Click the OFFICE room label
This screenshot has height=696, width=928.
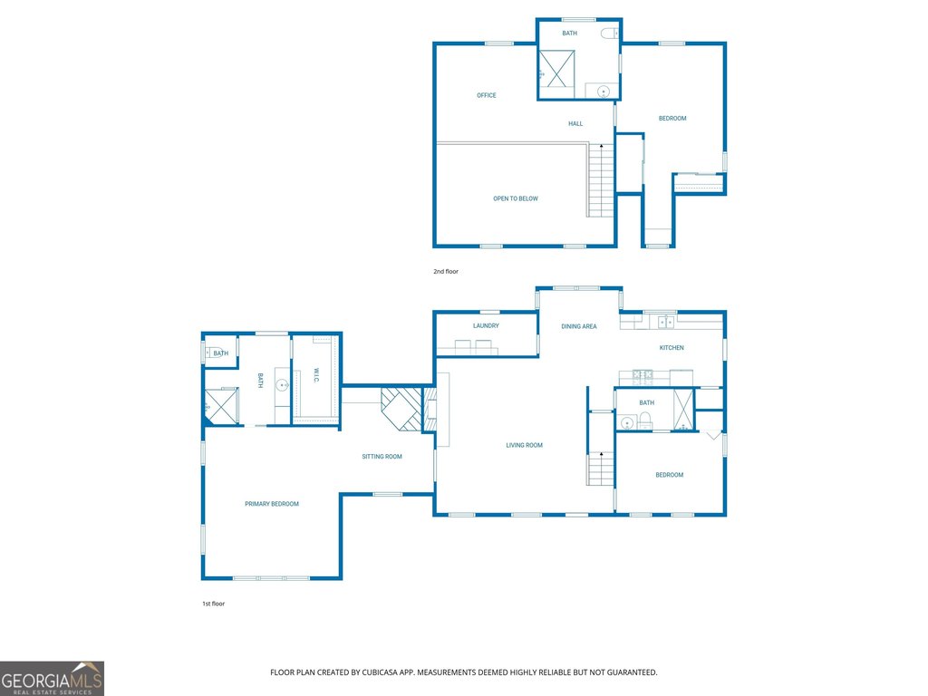(487, 95)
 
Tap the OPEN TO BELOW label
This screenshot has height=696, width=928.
(516, 198)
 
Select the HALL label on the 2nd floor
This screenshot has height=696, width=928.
(575, 123)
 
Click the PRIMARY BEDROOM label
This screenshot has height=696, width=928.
(272, 504)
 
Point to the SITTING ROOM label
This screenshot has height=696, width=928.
(382, 457)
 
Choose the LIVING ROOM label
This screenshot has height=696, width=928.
(525, 446)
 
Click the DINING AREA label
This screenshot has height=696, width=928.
(579, 326)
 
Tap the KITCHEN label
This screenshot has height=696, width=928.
(672, 348)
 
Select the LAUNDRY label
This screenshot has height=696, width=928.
(486, 326)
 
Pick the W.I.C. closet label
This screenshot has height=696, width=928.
(316, 376)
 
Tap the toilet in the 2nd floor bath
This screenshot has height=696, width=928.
(610, 34)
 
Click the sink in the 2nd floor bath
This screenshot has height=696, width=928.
(603, 92)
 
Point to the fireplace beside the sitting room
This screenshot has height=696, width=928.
(401, 410)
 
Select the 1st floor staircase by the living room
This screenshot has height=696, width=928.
(601, 469)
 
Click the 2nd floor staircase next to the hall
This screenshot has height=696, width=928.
(602, 180)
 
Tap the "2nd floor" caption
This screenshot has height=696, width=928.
(446, 272)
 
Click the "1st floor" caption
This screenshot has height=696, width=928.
(214, 604)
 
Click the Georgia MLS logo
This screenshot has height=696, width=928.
(52, 678)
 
